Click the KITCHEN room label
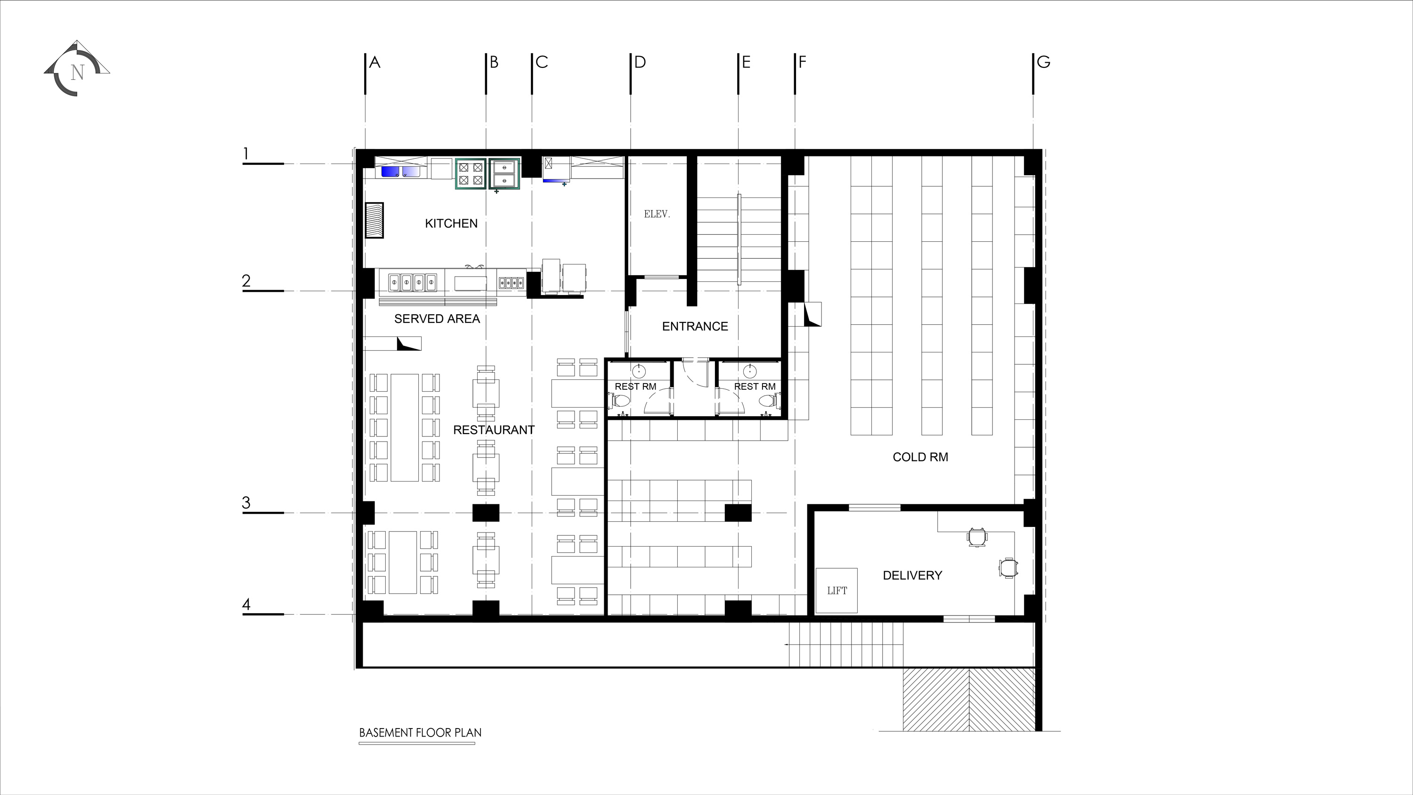point(451,223)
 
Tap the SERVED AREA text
point(437,319)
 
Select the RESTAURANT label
point(494,430)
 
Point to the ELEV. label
point(657,214)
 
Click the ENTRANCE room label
point(695,327)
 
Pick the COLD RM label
point(920,457)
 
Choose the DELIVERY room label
point(912,575)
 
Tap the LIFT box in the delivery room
point(836,590)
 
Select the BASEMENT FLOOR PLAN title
point(420,732)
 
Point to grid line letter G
point(1043,62)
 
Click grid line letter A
point(374,62)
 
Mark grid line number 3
point(246,502)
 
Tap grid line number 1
point(246,154)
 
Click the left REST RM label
point(635,386)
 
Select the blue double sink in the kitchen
point(400,172)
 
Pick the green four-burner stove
point(471,173)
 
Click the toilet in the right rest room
point(766,401)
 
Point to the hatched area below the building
point(969,699)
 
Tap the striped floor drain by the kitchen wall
point(374,220)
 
